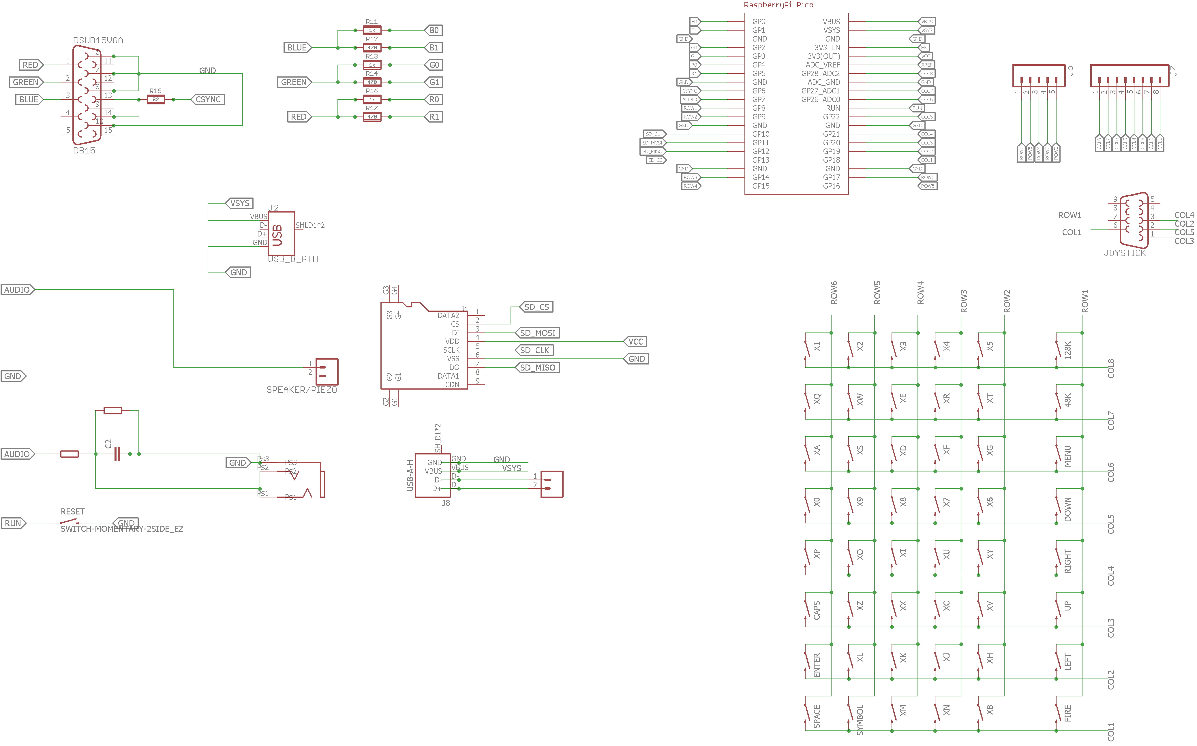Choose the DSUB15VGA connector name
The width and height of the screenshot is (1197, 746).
coord(98,40)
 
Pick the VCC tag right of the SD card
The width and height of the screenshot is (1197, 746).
coord(635,341)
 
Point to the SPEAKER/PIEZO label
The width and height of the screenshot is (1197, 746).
coord(301,390)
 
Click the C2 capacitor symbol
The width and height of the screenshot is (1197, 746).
coord(117,454)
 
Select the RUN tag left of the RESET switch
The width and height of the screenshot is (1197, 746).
coord(13,523)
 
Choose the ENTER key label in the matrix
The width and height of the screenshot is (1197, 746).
coord(817,665)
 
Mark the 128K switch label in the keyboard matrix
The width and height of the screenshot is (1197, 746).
coord(1067,350)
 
